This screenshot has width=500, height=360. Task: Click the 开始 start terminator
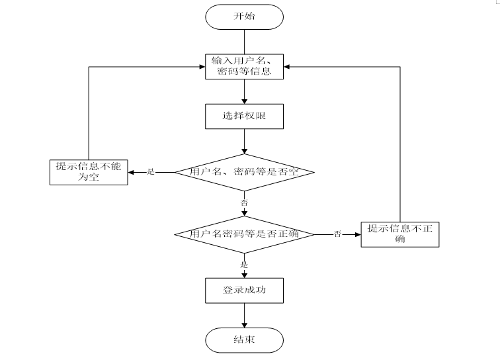coord(245,17)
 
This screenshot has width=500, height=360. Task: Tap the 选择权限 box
coord(245,116)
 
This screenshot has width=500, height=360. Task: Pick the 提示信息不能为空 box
coord(89,171)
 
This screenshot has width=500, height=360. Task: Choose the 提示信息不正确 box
coord(399,234)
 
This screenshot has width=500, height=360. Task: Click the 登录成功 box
coord(245,290)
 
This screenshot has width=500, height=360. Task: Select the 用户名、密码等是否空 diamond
coord(245,172)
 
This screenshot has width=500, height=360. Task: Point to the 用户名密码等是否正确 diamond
coord(245,234)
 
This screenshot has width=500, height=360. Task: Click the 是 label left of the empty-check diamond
coord(150,172)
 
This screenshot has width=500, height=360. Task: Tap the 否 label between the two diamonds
coord(244,202)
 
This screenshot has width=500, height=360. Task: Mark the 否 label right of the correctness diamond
coord(337,234)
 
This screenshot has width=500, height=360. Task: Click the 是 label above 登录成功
coord(244,264)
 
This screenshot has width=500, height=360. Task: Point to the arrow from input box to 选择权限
coord(245,92)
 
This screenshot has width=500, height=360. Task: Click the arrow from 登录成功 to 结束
coord(245,315)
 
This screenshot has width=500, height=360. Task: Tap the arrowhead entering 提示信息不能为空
coord(132,172)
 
